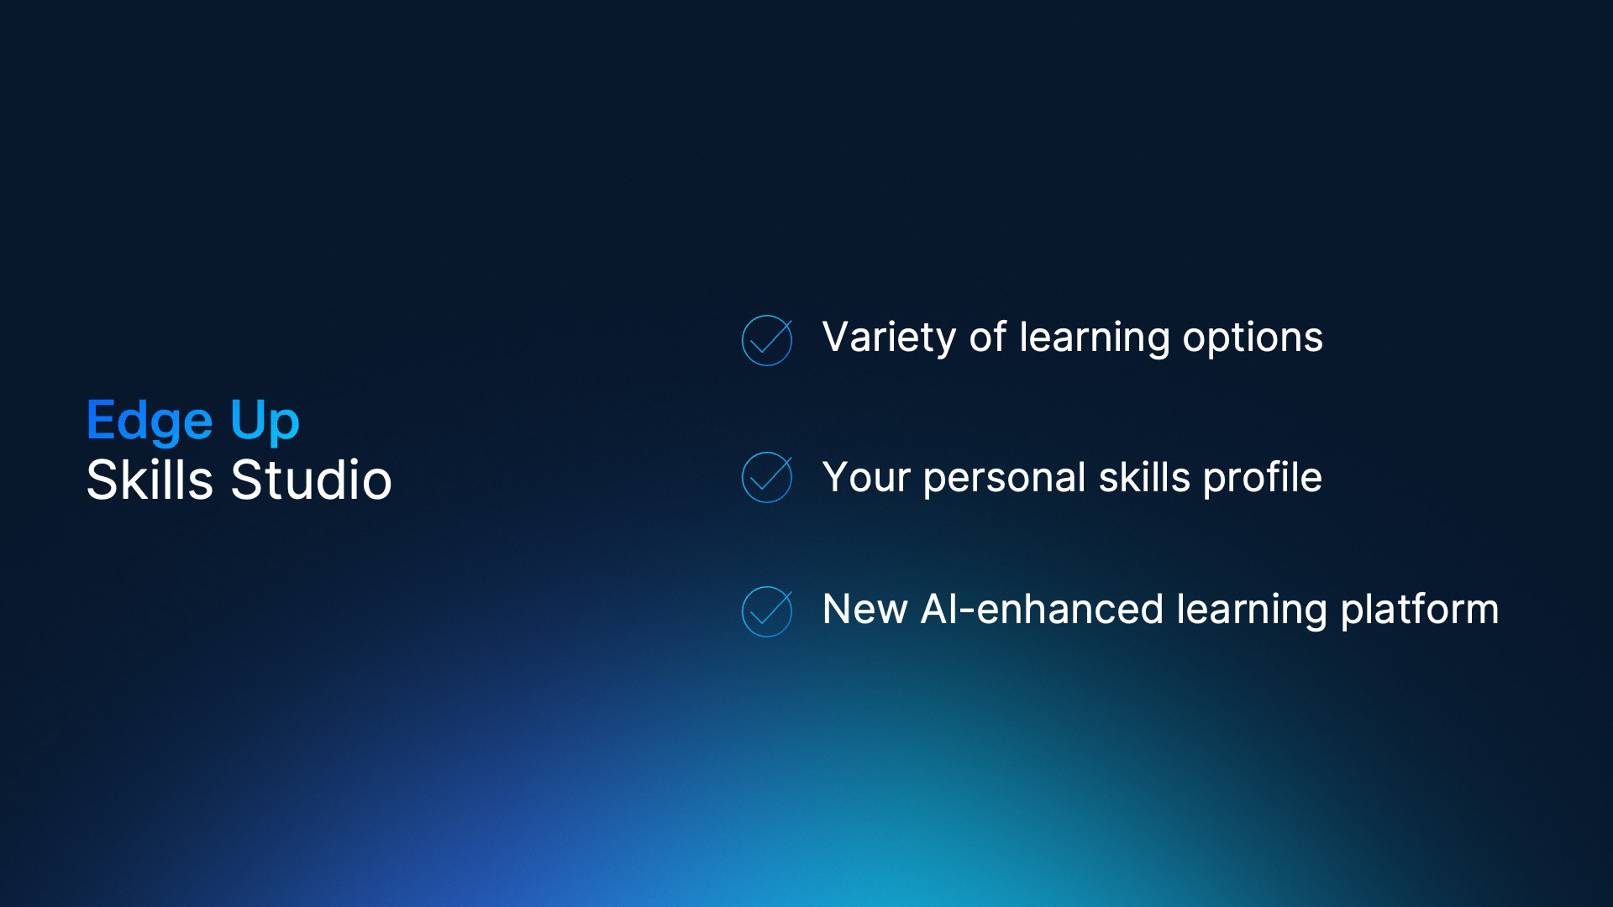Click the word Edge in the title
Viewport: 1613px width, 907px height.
tap(150, 422)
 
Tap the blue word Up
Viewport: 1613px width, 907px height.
tap(265, 422)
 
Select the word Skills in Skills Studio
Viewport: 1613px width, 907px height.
tap(150, 480)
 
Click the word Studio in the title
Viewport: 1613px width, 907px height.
tap(311, 480)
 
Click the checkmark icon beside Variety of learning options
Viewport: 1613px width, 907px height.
tap(767, 340)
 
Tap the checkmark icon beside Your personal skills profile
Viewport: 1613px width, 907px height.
tap(767, 477)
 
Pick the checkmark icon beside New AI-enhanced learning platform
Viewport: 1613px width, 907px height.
tap(767, 611)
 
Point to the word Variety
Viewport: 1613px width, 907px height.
tap(889, 338)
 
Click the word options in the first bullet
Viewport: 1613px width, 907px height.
tap(1253, 338)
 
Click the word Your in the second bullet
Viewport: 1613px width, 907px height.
tap(866, 477)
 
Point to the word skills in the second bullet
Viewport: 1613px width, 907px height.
tap(1144, 477)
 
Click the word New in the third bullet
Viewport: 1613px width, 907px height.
tap(864, 609)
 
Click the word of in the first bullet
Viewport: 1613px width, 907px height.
tap(987, 337)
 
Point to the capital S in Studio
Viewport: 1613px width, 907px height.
tap(246, 480)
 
